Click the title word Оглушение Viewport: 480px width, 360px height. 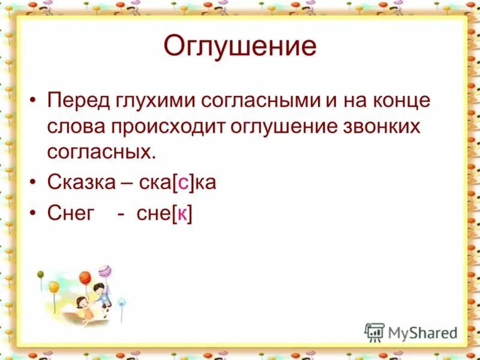[x=240, y=46]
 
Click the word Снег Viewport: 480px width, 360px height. [x=71, y=214]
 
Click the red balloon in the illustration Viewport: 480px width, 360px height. [x=85, y=277]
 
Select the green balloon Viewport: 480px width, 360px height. [x=41, y=274]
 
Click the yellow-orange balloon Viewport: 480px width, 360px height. [x=53, y=287]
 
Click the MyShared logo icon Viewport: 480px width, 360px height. [x=374, y=332]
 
